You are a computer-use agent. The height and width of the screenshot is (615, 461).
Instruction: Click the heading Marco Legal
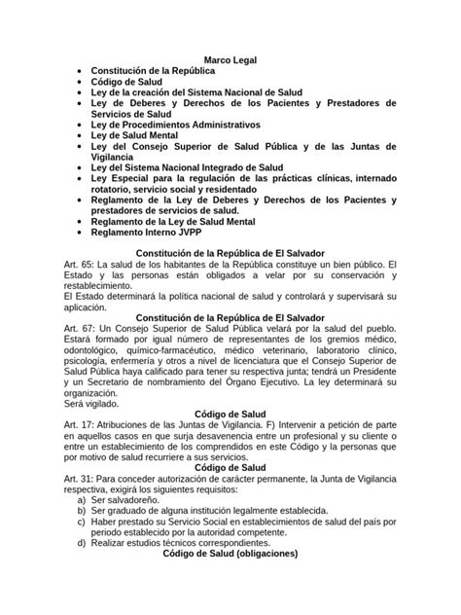230,60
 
